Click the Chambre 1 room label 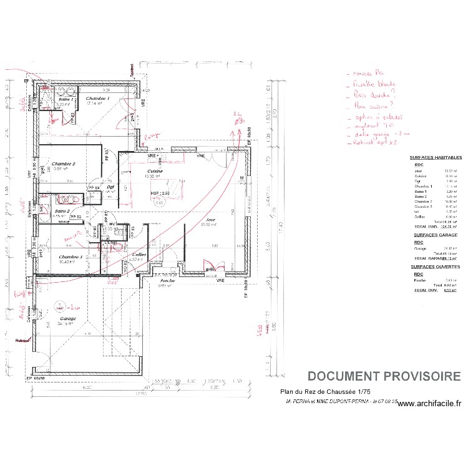[x=97, y=99]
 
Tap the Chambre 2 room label [x=64, y=163]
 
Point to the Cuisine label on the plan [x=155, y=171]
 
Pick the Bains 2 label [x=61, y=212]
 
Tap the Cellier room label [x=139, y=255]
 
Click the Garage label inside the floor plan [x=67, y=319]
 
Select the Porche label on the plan [x=167, y=281]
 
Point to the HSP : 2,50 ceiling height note [x=158, y=194]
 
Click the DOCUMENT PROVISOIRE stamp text [x=384, y=376]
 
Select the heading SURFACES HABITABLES [x=436, y=158]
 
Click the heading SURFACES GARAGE [x=435, y=235]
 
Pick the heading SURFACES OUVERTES [x=435, y=266]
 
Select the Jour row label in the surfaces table [x=417, y=170]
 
